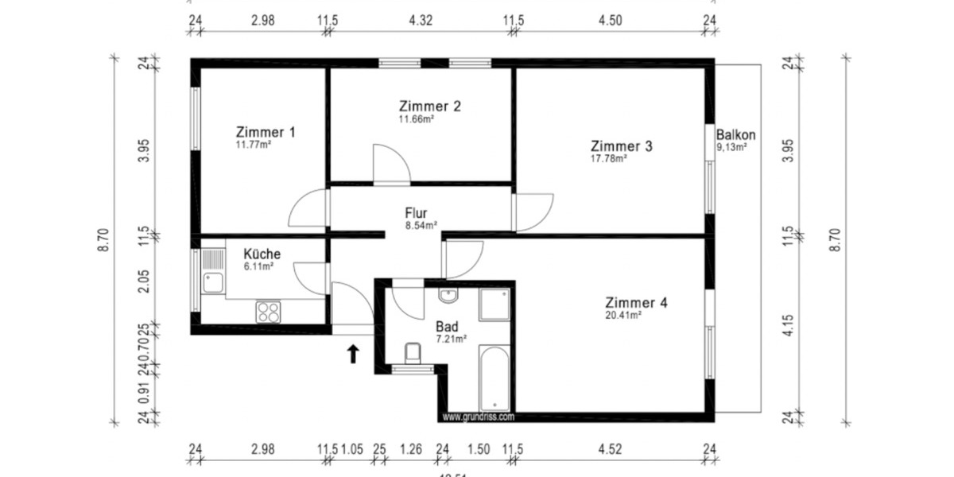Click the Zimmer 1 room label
[x=266, y=132]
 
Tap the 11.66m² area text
[x=416, y=120]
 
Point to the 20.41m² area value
[x=623, y=315]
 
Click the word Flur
[x=417, y=213]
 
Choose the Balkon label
[x=735, y=134]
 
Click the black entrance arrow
[x=352, y=353]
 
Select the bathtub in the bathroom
[x=494, y=378]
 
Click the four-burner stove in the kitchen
[x=268, y=312]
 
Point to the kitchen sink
[x=212, y=280]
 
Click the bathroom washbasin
[x=448, y=297]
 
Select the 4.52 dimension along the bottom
[x=610, y=449]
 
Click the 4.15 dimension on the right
[x=789, y=328]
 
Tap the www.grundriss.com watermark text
[x=478, y=417]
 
